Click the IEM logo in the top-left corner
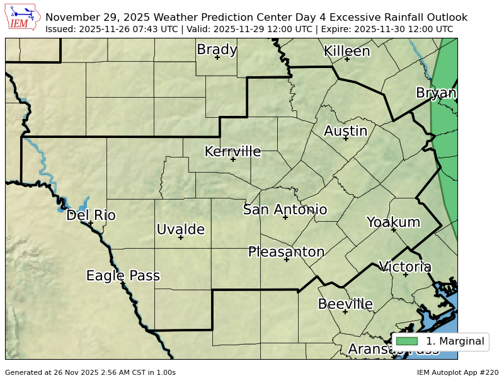[x=23, y=18]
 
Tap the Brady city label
[x=217, y=49]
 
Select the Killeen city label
[x=346, y=51]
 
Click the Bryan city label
[x=436, y=93]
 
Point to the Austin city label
[x=345, y=131]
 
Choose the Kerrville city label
[x=232, y=151]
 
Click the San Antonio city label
[x=285, y=209]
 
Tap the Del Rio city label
[x=91, y=215]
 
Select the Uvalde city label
[x=180, y=229]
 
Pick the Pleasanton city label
[x=286, y=252]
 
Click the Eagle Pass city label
[x=123, y=275]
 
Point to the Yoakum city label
[x=393, y=222]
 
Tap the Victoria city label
[x=405, y=266]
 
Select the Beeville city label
[x=345, y=304]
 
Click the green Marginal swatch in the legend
[x=406, y=341]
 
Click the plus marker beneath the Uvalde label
[x=181, y=238]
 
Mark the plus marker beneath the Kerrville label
[x=232, y=159]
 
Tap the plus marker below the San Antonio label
[x=285, y=217]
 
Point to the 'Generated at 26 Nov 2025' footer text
[x=90, y=372]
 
